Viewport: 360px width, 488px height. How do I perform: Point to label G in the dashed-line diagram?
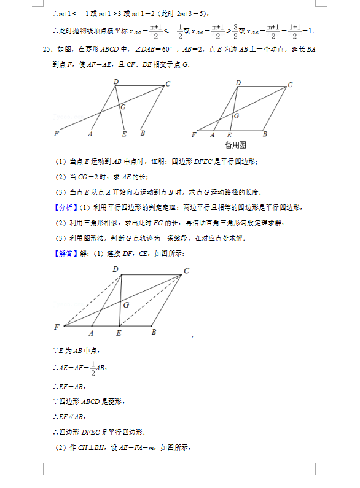pyautogui.click(x=127, y=304)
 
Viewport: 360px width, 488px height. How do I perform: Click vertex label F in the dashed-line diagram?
pyautogui.click(x=57, y=327)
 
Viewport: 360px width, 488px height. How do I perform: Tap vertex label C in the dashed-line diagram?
pyautogui.click(x=186, y=271)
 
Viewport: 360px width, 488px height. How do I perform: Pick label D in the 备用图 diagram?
pyautogui.click(x=238, y=83)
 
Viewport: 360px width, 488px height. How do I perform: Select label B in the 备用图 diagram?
pyautogui.click(x=265, y=134)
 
